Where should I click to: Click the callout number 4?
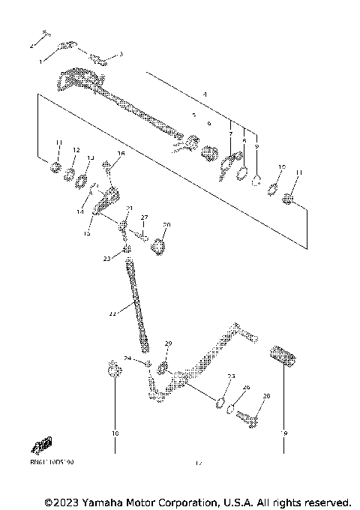pyautogui.click(x=204, y=94)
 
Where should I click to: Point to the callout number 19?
pyautogui.click(x=284, y=433)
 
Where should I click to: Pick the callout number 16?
pyautogui.click(x=121, y=153)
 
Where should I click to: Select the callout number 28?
pyautogui.click(x=265, y=395)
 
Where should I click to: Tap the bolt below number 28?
pyautogui.click(x=247, y=418)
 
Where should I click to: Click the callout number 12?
pyautogui.click(x=75, y=151)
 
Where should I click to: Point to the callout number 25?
pyautogui.click(x=232, y=376)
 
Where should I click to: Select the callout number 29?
pyautogui.click(x=168, y=343)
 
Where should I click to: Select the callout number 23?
pyautogui.click(x=106, y=258)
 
